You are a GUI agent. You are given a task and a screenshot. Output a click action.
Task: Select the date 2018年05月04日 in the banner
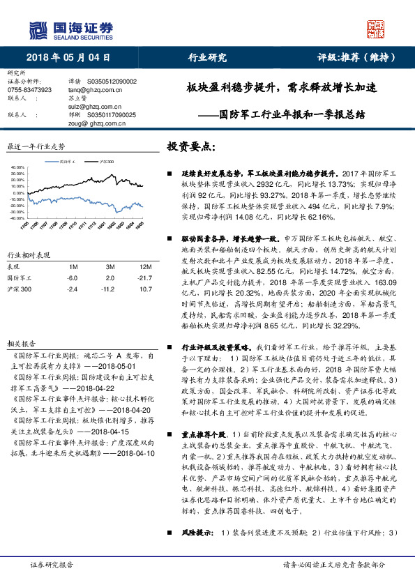pyautogui.click(x=69, y=58)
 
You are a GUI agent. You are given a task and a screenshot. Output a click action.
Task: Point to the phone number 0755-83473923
pyautogui.click(x=29, y=90)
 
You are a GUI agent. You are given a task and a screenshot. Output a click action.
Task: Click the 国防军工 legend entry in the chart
pyautogui.click(x=68, y=161)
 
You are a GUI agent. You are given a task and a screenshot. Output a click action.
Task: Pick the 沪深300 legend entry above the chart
pyautogui.click(x=106, y=161)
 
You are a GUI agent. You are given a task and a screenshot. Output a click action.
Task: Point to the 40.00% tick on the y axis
pyautogui.click(x=17, y=168)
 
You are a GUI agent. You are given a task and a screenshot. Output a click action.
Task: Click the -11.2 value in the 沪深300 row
pyautogui.click(x=110, y=288)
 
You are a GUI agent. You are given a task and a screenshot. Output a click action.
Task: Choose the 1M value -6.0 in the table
pyautogui.click(x=72, y=277)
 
